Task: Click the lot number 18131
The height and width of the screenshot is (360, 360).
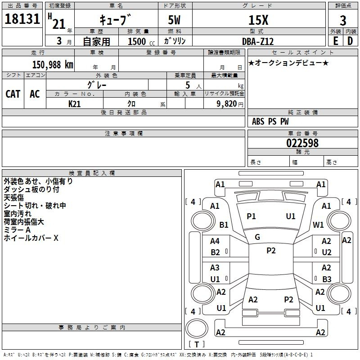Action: tap(22, 19)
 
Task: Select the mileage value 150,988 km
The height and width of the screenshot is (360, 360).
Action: tap(53, 65)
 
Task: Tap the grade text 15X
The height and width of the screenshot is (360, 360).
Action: tap(258, 20)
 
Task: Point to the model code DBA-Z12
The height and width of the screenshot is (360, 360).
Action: tap(258, 41)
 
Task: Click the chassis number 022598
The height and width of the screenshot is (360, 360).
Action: tap(302, 143)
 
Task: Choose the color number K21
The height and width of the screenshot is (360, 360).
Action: tap(74, 104)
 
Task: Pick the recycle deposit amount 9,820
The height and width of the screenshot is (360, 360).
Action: tap(227, 104)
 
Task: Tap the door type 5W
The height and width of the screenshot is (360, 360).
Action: tap(174, 20)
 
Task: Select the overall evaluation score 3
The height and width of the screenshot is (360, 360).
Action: tap(343, 20)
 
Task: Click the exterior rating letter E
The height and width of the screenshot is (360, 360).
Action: tap(336, 41)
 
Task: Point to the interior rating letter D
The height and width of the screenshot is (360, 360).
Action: tap(350, 41)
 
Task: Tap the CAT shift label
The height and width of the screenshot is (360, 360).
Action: tap(13, 94)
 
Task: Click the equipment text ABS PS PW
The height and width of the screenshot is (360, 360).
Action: tap(270, 121)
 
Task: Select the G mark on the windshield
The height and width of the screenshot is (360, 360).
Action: tap(257, 237)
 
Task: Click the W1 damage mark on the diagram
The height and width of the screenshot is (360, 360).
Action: tap(318, 225)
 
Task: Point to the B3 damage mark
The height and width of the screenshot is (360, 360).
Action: tap(327, 279)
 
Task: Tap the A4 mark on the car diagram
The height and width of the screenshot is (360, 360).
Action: tap(215, 241)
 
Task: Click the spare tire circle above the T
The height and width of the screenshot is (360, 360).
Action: tap(197, 328)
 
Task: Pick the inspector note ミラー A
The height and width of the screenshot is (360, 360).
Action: tap(17, 230)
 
